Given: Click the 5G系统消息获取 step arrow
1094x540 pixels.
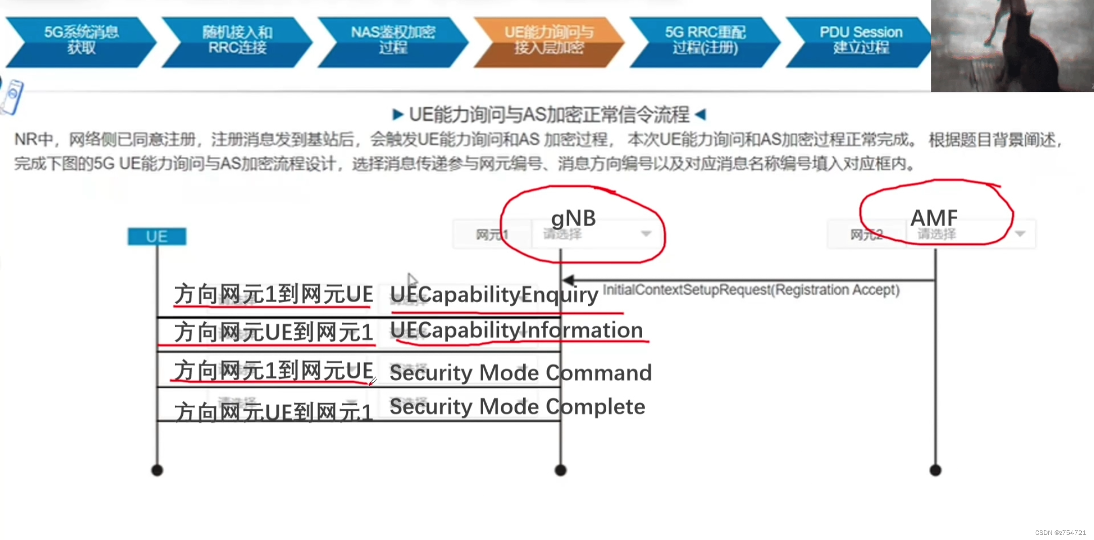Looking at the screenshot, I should (x=81, y=41).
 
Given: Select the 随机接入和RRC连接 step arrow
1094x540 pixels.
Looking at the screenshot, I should (x=237, y=41).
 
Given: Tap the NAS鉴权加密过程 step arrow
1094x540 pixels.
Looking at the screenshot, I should (x=393, y=41).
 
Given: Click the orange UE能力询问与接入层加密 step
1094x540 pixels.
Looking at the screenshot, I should (x=549, y=41).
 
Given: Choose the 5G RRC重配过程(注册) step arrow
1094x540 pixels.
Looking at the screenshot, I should (x=705, y=41).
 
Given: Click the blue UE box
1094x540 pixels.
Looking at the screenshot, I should (x=157, y=237).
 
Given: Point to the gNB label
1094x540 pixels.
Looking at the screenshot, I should (x=573, y=219).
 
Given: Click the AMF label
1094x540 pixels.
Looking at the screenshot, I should (x=934, y=219).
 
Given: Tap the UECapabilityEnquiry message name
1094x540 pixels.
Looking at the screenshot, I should (x=494, y=295).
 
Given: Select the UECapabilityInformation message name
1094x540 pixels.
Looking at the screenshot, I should (x=517, y=331).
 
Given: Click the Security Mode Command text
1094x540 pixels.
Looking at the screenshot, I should (x=520, y=373).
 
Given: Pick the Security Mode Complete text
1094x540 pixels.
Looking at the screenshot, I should (x=517, y=407).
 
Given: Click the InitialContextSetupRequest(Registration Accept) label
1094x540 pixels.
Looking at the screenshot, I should (x=751, y=290).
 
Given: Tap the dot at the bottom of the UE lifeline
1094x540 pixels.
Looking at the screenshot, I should (x=157, y=471).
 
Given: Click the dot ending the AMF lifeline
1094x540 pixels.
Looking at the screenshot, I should (x=935, y=471).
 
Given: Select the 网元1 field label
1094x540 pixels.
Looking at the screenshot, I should (x=491, y=235).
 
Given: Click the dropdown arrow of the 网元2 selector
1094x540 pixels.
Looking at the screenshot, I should (x=1021, y=234).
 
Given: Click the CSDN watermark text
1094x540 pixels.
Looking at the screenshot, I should (x=1060, y=533).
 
